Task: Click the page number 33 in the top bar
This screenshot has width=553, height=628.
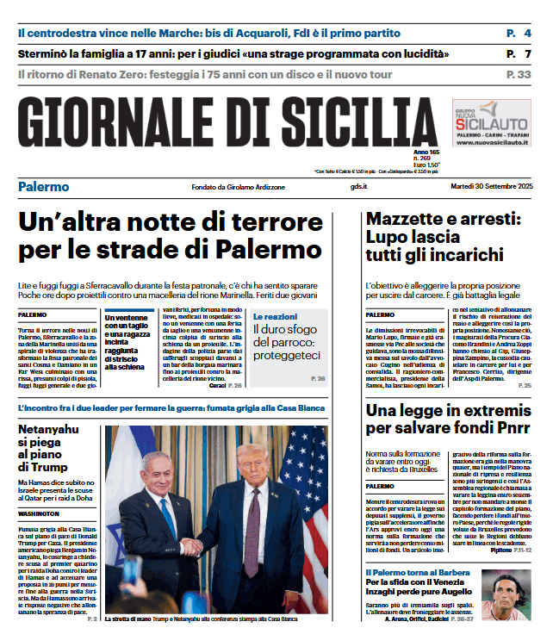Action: click(524, 75)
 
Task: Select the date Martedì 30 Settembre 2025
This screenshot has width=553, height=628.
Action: click(491, 187)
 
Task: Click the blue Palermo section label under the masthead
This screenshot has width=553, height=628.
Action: click(44, 186)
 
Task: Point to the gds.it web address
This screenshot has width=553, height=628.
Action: click(359, 187)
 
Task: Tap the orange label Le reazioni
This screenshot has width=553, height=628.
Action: click(276, 317)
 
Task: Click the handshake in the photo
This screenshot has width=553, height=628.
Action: click(191, 569)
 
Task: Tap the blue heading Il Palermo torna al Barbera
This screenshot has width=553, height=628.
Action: click(417, 572)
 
